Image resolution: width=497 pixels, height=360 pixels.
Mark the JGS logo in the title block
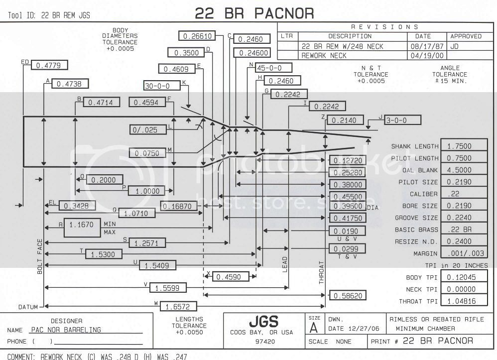tap(264, 321)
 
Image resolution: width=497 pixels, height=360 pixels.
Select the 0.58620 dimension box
tap(348, 296)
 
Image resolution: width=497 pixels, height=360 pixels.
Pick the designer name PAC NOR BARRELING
tap(66, 330)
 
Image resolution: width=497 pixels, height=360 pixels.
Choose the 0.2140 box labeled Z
tap(344, 120)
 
